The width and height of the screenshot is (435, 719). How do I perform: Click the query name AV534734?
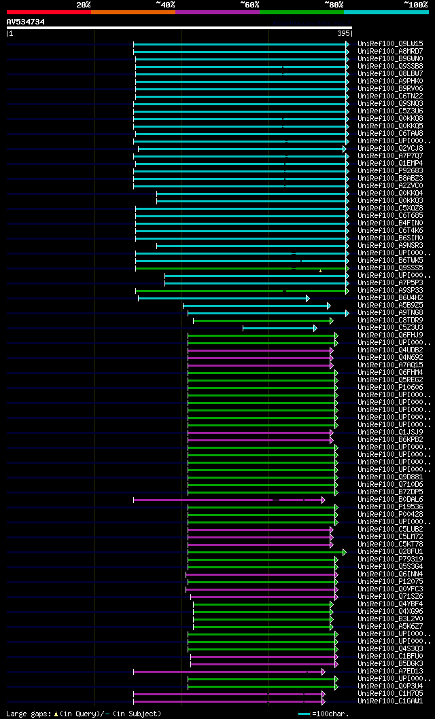(x=26, y=22)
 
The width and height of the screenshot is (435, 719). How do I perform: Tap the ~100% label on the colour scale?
(x=415, y=4)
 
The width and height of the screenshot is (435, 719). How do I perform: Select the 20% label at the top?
(x=84, y=4)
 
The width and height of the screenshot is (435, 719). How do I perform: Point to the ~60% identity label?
(x=249, y=4)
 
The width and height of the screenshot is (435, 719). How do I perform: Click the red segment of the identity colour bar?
(x=48, y=12)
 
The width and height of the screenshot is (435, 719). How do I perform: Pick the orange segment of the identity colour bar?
(x=133, y=12)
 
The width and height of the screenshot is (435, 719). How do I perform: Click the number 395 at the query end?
(x=343, y=33)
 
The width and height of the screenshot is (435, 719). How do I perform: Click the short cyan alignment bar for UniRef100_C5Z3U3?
(x=279, y=328)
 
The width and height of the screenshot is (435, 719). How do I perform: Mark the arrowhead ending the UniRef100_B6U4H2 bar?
(x=307, y=298)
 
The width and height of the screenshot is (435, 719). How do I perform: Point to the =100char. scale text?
(x=330, y=714)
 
